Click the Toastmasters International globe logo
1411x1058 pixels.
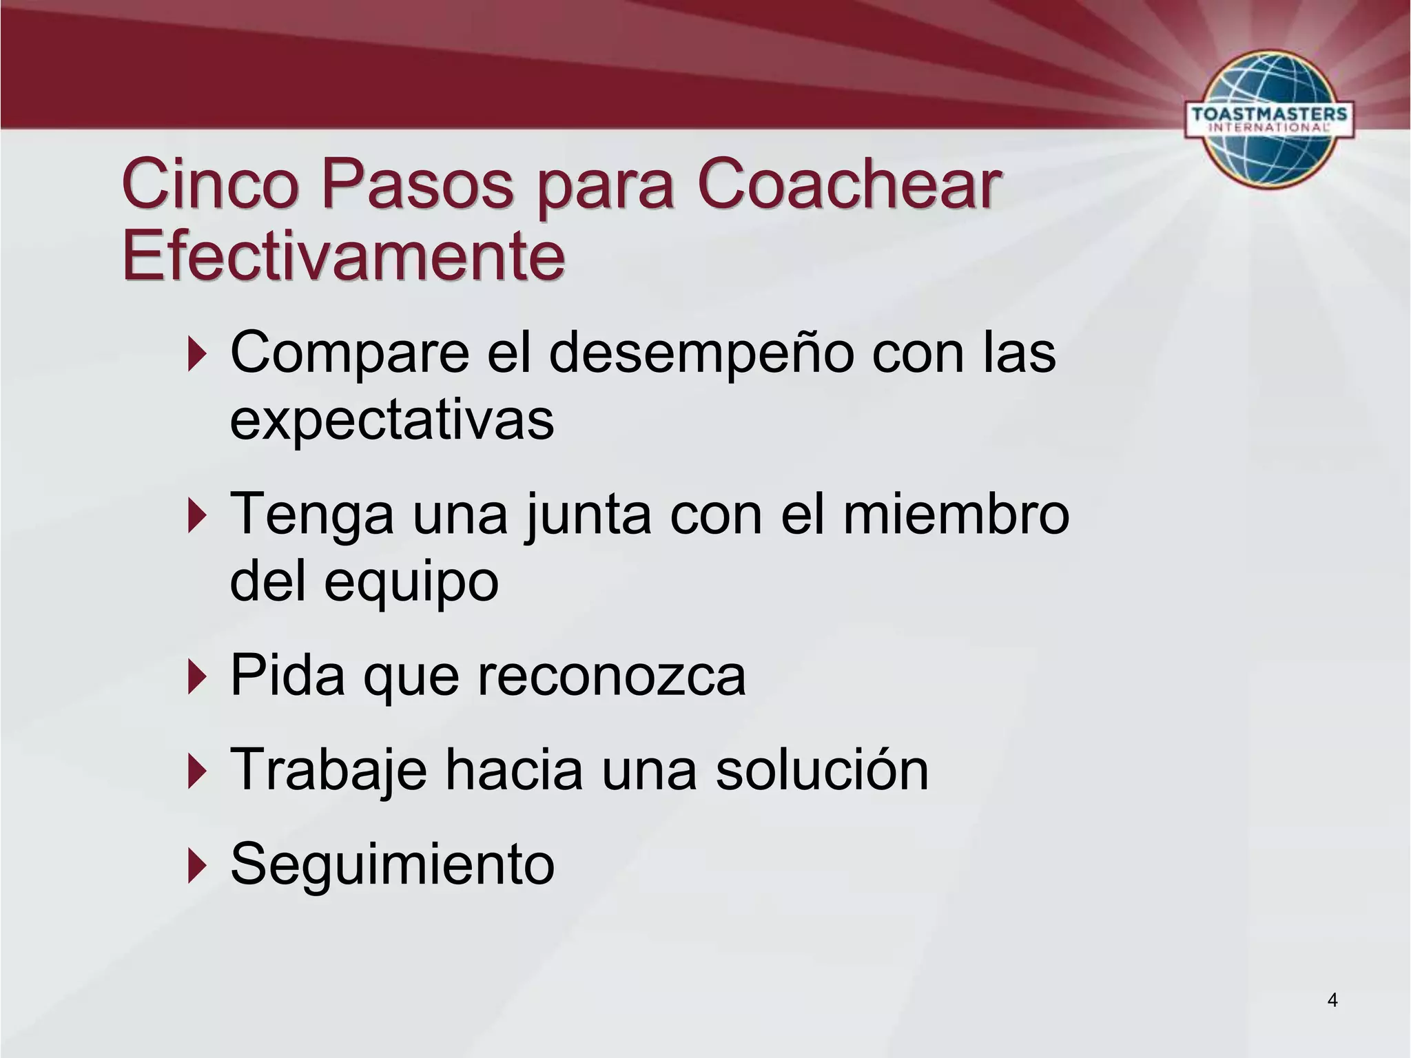coord(1268,118)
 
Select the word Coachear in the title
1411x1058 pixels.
coord(849,185)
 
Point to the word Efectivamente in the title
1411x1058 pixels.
coord(344,256)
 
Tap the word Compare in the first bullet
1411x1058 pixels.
coord(350,353)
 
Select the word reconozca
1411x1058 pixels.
coord(612,676)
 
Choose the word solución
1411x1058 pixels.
coord(822,769)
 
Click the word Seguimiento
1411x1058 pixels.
coord(392,864)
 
